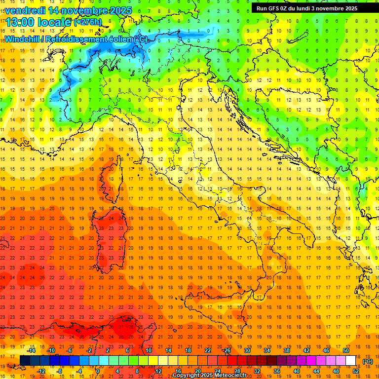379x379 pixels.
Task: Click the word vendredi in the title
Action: [x=26, y=10]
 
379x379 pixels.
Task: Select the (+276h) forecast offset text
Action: [x=87, y=22]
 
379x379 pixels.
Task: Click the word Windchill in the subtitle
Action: [x=23, y=39]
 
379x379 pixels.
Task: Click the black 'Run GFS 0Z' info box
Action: [x=307, y=8]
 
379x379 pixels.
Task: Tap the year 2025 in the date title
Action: [x=120, y=10]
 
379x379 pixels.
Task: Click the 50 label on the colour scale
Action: [x=346, y=350]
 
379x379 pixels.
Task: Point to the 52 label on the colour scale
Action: [x=356, y=371]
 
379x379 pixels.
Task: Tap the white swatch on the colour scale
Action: [x=351, y=360]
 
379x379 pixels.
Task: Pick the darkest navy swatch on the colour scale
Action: [x=25, y=360]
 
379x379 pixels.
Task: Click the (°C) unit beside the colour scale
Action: [x=367, y=361]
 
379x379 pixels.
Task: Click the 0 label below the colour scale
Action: [x=98, y=371]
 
